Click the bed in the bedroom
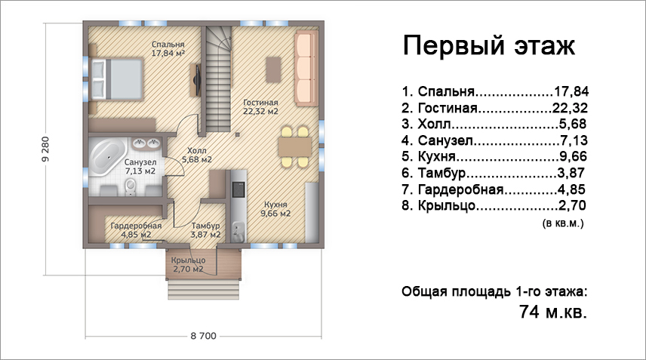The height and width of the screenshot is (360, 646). point(117,78)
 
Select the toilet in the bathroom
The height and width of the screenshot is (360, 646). point(131,187)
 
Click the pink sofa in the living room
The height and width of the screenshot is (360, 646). point(306,69)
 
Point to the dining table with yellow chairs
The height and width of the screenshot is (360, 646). point(294,147)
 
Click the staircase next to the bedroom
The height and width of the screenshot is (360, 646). point(218,78)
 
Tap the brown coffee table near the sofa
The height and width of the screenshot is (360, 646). point(273,69)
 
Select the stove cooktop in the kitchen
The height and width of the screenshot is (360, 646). point(238,189)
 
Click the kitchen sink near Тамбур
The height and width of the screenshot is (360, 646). point(238,232)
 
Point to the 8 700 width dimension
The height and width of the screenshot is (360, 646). point(204,336)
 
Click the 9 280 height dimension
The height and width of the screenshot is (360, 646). point(46,149)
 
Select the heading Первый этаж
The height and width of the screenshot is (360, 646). point(488,46)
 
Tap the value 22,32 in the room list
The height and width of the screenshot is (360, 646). point(570,108)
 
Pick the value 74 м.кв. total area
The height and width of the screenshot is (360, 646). point(553,312)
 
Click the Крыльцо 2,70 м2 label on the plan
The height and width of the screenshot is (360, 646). point(188,265)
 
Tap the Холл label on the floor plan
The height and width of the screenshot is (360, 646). point(196,151)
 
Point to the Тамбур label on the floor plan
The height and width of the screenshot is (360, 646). point(205,226)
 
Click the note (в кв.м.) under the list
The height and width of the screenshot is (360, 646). point(563,223)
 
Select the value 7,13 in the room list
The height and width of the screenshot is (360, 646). point(574,140)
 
